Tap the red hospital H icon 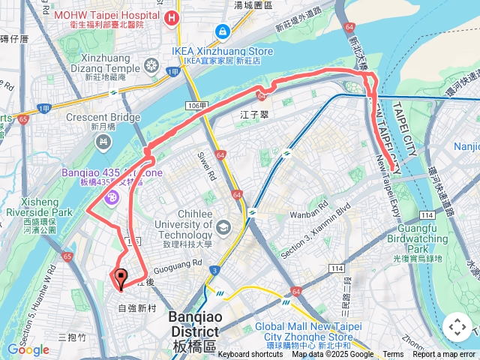(x=173, y=18)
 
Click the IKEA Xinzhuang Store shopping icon (x=222, y=31)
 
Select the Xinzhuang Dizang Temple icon (x=152, y=66)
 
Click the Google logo (x=28, y=349)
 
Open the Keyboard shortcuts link (x=250, y=355)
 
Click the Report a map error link (x=444, y=355)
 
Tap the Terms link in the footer (x=393, y=355)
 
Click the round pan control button (x=457, y=327)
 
